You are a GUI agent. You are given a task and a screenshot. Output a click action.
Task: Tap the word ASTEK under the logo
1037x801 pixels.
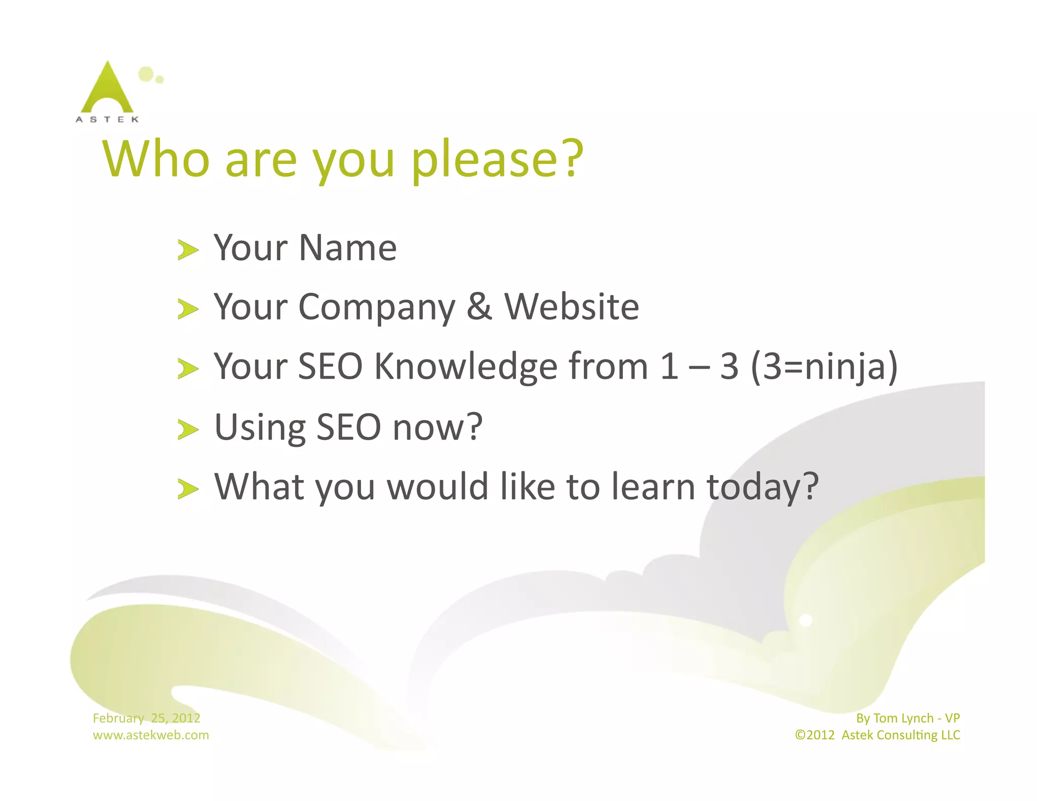coord(107,119)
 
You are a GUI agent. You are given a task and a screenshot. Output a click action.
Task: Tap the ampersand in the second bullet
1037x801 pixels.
coord(479,307)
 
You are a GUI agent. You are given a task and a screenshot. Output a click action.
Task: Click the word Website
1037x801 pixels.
coord(572,307)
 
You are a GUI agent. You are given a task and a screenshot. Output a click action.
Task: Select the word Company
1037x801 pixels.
coord(377,309)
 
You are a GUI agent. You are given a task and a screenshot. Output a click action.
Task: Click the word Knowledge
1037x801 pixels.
coord(465,367)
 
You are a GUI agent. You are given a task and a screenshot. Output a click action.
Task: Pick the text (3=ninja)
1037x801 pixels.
coord(824,367)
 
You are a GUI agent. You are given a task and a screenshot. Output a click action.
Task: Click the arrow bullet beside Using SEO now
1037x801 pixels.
coord(188,430)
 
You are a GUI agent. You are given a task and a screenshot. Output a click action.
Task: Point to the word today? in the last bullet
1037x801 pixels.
coord(763,488)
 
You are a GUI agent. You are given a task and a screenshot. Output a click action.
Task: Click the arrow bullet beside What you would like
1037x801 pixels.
coord(188,490)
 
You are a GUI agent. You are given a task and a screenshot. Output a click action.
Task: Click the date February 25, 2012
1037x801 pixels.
coord(146,718)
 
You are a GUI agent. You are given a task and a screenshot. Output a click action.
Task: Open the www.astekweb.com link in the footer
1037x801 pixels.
coord(150,735)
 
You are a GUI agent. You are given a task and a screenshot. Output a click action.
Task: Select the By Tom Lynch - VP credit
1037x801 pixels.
coord(907,718)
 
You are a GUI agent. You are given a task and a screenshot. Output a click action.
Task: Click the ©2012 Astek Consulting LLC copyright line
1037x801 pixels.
coord(877,735)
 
